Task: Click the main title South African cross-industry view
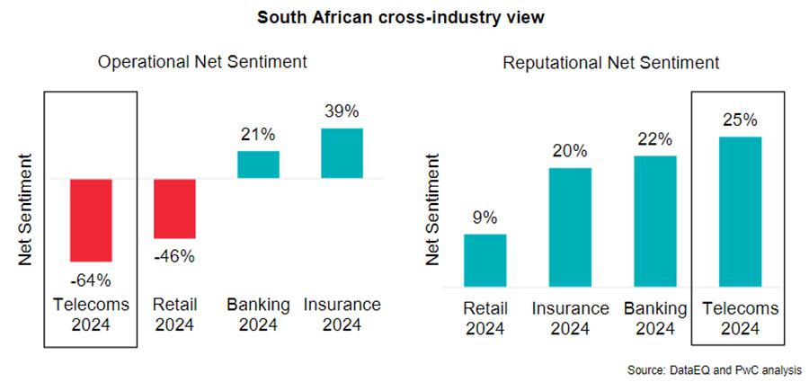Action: (404, 17)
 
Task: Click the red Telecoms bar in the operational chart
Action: (91, 219)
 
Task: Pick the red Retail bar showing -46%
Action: (174, 209)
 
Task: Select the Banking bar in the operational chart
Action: (258, 164)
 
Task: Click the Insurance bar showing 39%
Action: (342, 153)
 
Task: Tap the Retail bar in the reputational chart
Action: (485, 261)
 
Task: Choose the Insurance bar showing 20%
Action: (570, 227)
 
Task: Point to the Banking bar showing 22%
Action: (654, 222)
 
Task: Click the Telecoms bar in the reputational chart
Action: (740, 212)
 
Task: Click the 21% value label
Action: (258, 136)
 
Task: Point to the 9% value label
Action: (485, 218)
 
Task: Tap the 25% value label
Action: (740, 120)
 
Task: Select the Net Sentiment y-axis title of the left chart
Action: (27, 213)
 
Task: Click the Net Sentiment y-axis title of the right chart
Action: (433, 213)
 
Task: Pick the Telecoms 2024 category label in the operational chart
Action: (91, 314)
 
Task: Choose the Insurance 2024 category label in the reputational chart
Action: (570, 317)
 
